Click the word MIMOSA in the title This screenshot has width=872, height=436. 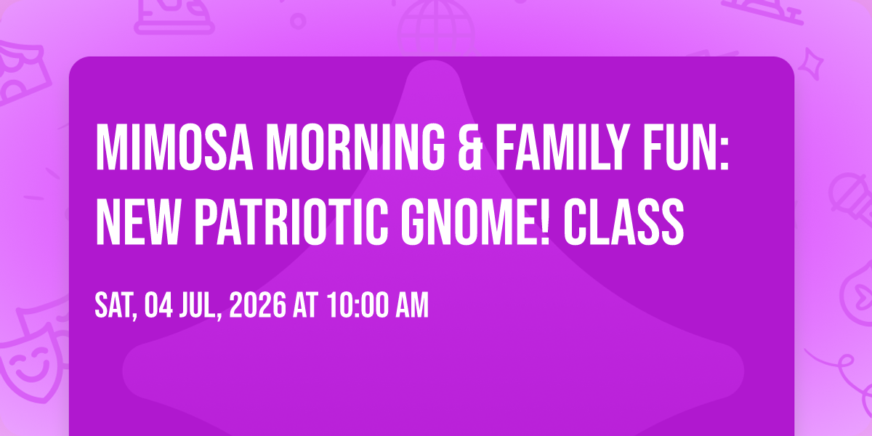click(x=174, y=147)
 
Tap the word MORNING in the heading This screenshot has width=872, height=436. click(x=355, y=147)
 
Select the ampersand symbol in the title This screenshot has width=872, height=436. click(x=470, y=147)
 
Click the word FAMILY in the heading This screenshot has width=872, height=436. click(x=562, y=147)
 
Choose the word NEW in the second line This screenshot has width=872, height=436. click(x=137, y=222)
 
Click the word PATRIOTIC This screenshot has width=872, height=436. click(x=291, y=222)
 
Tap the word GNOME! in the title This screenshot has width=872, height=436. click(x=476, y=222)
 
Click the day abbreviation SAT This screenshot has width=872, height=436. click(x=116, y=306)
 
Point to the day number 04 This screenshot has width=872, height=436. click(x=158, y=306)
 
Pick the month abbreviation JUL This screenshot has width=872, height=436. click(x=200, y=306)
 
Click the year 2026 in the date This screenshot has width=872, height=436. click(x=258, y=306)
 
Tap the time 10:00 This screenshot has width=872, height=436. click(x=358, y=306)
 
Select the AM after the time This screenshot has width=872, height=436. click(x=412, y=306)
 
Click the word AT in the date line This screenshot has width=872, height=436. click(x=306, y=306)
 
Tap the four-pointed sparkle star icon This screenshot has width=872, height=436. click(x=811, y=64)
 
